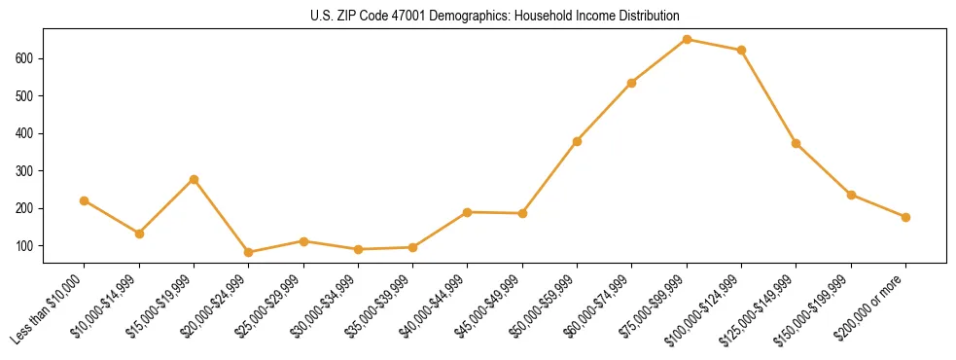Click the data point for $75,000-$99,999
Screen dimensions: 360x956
point(687,40)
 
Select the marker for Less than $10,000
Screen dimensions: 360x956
point(85,200)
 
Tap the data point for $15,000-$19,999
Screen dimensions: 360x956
point(194,179)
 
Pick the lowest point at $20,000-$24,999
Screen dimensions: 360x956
point(249,252)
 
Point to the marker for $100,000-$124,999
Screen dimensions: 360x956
point(741,50)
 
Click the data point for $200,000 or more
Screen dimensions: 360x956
point(905,217)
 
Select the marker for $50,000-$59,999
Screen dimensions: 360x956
point(577,141)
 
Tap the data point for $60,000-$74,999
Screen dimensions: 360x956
point(631,83)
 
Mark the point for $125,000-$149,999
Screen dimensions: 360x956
point(797,143)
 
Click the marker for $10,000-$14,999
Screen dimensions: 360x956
point(139,234)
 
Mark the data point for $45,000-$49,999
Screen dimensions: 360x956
point(522,213)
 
